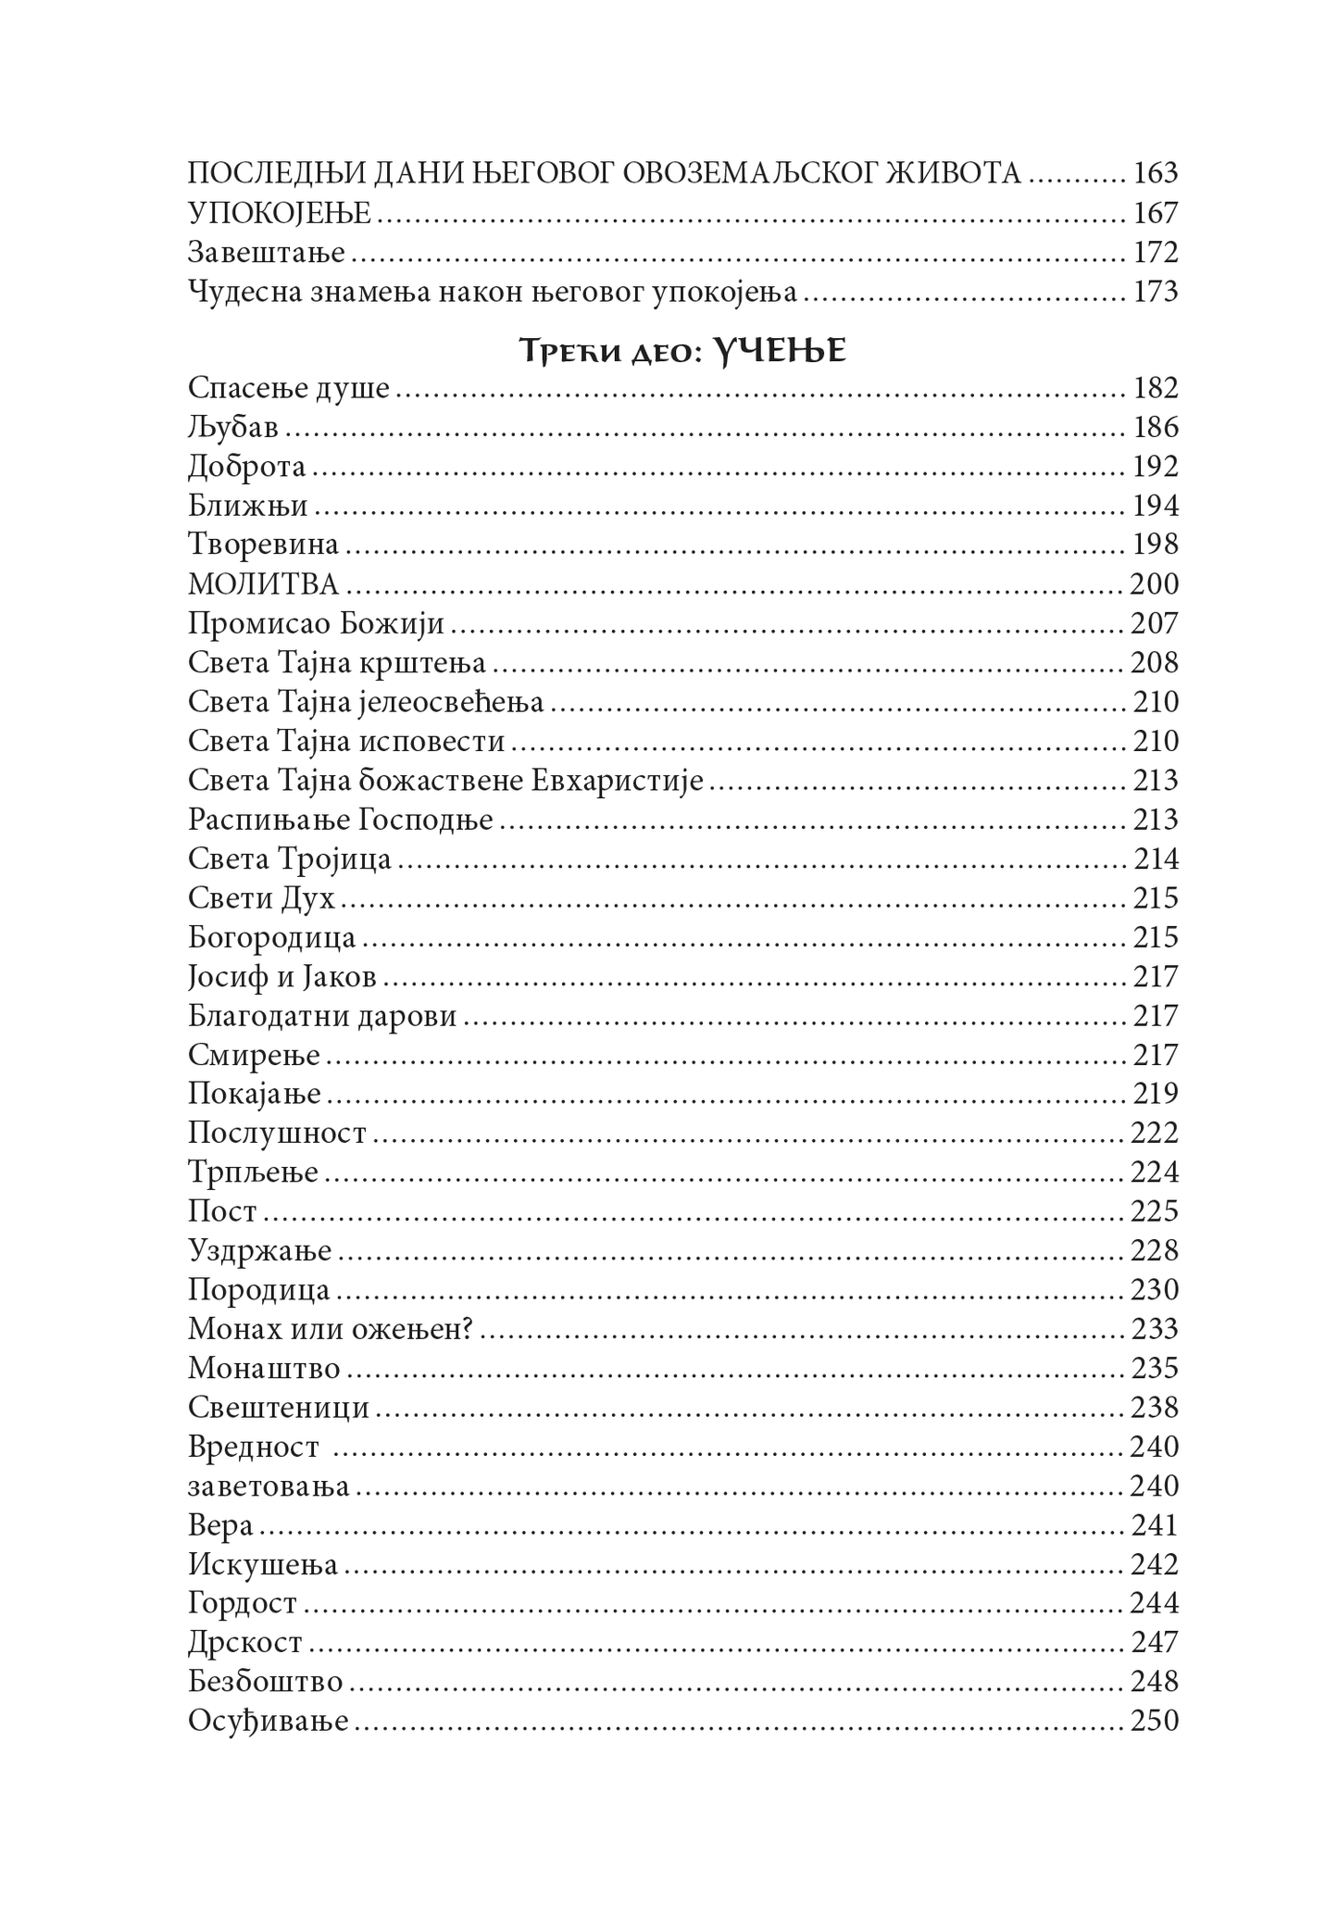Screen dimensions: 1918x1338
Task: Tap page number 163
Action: (x=1155, y=173)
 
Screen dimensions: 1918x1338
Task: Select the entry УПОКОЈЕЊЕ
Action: (x=279, y=214)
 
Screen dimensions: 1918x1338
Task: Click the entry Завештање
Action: (x=266, y=253)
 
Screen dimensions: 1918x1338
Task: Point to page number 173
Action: (x=1155, y=292)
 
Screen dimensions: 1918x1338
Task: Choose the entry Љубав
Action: (x=232, y=428)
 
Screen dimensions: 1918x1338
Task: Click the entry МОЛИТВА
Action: (x=263, y=584)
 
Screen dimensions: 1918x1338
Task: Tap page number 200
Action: (x=1154, y=584)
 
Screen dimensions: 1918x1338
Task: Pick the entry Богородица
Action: (x=271, y=937)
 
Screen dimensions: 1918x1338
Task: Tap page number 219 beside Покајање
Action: (x=1155, y=1094)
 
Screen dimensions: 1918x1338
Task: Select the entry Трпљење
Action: (x=253, y=1172)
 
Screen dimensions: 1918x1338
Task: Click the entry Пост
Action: (x=222, y=1211)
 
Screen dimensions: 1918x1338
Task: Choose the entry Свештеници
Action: (x=278, y=1408)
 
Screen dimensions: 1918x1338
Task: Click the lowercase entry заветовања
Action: (x=269, y=1486)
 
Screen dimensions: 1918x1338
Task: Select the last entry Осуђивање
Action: (x=268, y=1722)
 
